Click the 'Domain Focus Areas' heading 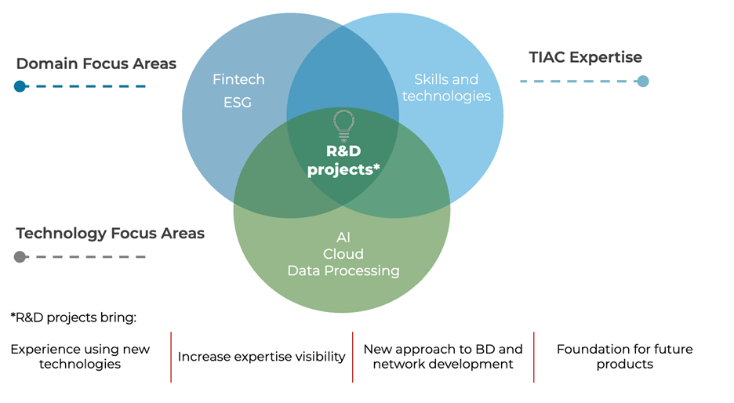(96, 64)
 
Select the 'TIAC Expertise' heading (586, 57)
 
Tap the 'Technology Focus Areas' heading (111, 233)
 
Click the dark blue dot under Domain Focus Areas (20, 86)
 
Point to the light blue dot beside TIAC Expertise (643, 81)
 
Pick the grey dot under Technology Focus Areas (20, 256)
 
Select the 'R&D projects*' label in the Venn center (343, 160)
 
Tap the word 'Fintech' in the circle (238, 79)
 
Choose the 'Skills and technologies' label (446, 88)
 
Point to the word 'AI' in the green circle (343, 236)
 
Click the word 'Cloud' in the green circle (343, 253)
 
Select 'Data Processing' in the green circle (343, 270)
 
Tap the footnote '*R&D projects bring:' (73, 318)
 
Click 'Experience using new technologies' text (80, 356)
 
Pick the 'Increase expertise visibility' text (261, 357)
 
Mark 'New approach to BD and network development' (443, 356)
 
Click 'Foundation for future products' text (624, 356)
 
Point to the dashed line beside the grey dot (90, 256)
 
